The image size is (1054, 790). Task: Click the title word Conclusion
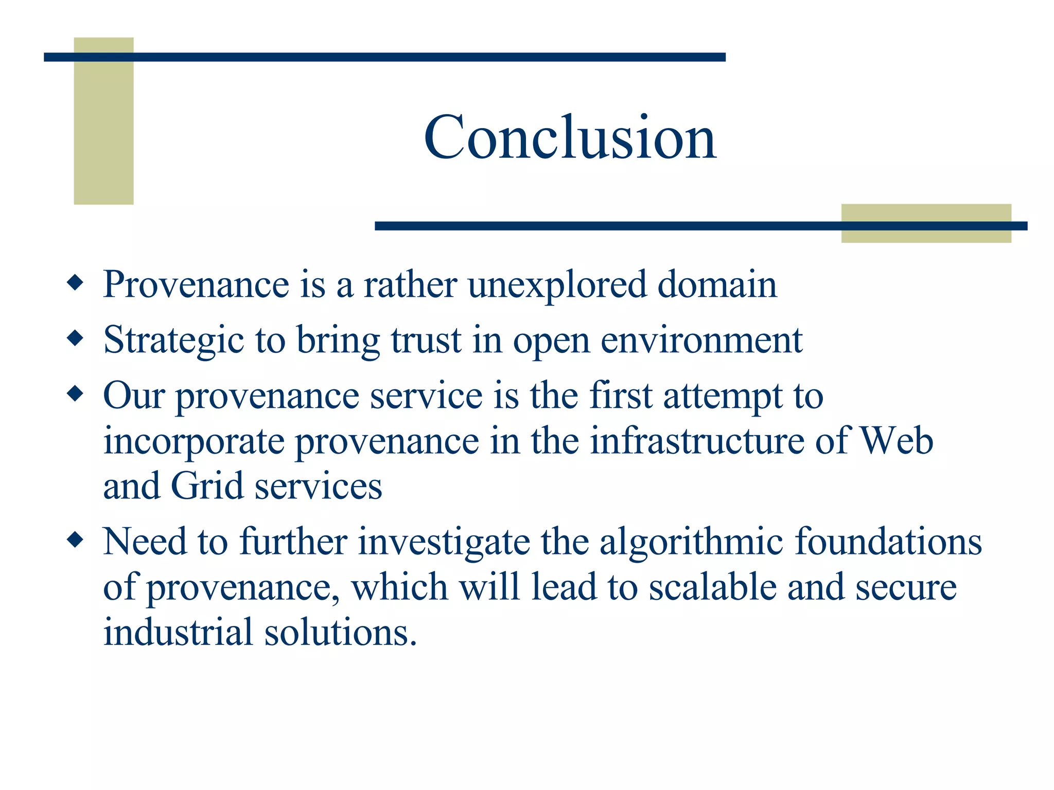click(570, 137)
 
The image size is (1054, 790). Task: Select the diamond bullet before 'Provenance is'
click(75, 283)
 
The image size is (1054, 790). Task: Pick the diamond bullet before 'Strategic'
click(75, 338)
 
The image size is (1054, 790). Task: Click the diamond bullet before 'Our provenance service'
click(75, 394)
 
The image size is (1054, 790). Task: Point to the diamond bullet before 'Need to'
click(75, 540)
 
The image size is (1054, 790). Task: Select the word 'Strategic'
click(173, 341)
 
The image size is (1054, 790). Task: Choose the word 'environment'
click(701, 340)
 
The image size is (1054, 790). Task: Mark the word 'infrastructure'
click(696, 441)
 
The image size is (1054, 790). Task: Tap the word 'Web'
click(897, 441)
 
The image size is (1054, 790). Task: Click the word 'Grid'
click(207, 486)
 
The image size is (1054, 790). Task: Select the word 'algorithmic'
click(691, 542)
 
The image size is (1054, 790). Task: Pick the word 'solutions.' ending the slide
click(340, 632)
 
